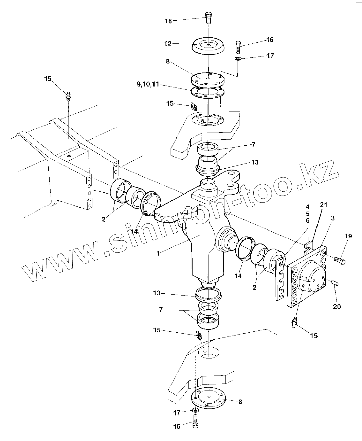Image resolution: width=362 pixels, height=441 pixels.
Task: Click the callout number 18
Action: (x=168, y=21)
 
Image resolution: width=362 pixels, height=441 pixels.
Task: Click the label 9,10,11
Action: (x=148, y=85)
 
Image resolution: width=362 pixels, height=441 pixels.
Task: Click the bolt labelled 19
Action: (x=340, y=261)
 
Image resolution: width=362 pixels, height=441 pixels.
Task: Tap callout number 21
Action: (x=323, y=204)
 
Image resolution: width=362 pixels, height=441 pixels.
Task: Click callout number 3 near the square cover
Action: (x=333, y=218)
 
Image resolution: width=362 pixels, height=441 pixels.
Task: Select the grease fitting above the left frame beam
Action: (x=69, y=96)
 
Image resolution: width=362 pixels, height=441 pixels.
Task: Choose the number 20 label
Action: (x=337, y=307)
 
